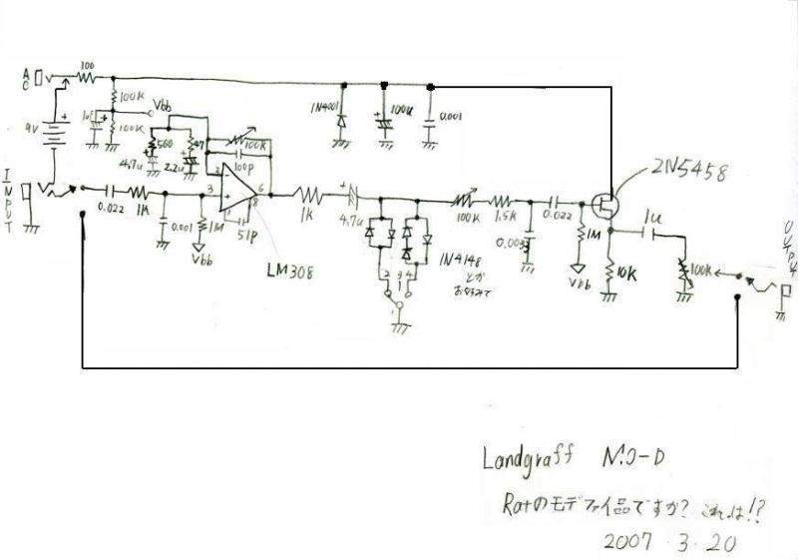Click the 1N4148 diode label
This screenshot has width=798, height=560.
point(459,257)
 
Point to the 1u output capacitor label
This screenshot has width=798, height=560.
point(654,217)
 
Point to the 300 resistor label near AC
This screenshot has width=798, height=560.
point(86,64)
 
